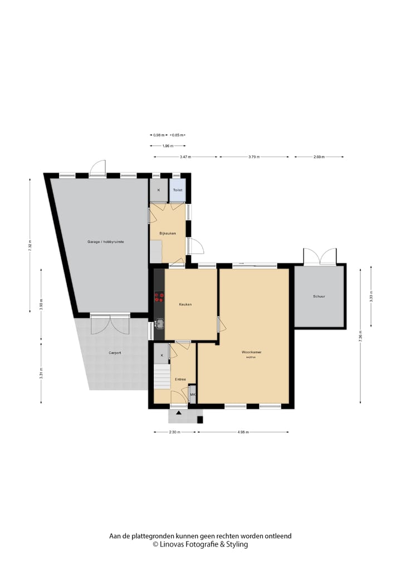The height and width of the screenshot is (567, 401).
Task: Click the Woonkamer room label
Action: coord(251,353)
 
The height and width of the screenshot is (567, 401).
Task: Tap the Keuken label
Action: coord(185,305)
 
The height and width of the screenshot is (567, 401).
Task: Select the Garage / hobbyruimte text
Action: coord(105,242)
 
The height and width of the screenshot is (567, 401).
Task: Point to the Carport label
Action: coord(115,353)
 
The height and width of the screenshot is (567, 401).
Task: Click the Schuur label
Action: coord(319,296)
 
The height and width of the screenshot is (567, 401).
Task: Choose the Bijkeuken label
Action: coord(168,233)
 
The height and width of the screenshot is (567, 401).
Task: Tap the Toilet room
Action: coord(178,190)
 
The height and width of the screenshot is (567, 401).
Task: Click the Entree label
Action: coord(180,379)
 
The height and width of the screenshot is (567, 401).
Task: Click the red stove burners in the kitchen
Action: coord(159,298)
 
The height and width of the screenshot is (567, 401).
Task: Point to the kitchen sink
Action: coord(159,323)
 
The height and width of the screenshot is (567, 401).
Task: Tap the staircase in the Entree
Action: coord(162,377)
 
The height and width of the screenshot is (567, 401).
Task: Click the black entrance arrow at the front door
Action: coord(178,413)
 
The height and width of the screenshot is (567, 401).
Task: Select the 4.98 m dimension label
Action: coord(243,432)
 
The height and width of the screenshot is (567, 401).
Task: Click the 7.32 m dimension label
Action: coord(30,246)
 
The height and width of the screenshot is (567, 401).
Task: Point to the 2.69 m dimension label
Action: coord(319,157)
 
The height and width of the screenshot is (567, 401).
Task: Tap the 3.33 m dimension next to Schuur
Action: coord(371,297)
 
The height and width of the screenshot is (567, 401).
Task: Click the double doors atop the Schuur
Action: coord(320,256)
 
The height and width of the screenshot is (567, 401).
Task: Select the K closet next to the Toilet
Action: coord(158,190)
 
